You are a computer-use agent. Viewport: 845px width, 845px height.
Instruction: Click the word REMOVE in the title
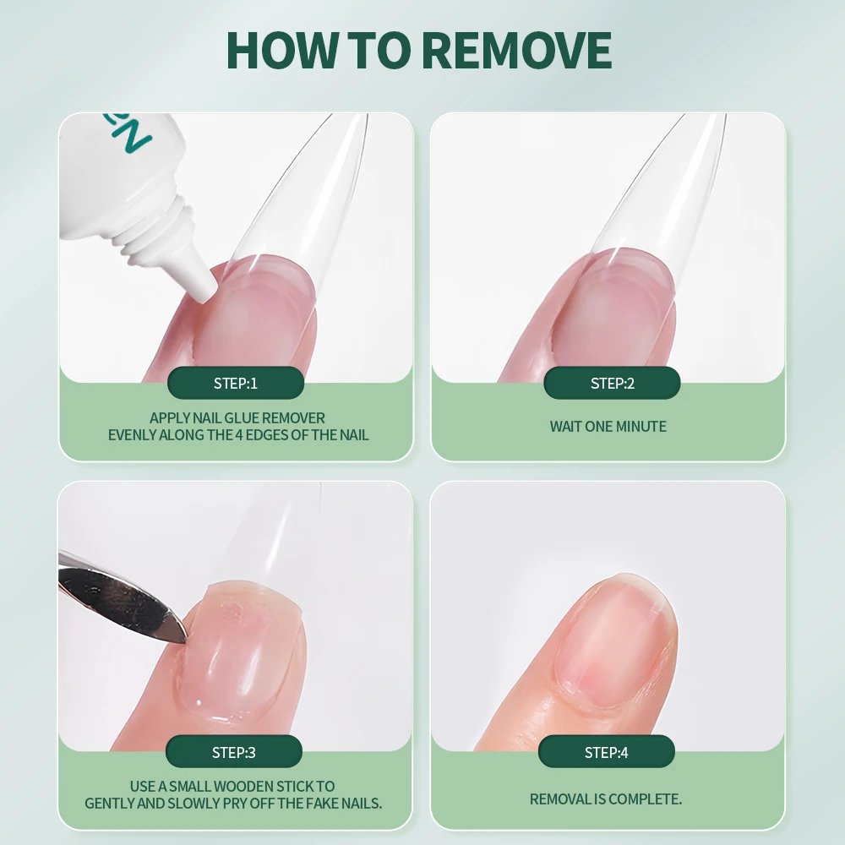515,51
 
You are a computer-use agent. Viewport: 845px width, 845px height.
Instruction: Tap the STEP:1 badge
236,384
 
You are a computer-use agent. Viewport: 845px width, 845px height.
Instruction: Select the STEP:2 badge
612,384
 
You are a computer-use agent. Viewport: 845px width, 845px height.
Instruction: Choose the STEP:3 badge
234,752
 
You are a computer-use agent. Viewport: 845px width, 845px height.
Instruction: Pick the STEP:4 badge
607,752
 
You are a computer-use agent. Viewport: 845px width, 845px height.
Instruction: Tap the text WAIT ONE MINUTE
608,427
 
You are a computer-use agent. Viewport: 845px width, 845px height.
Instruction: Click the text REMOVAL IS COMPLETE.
606,799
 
